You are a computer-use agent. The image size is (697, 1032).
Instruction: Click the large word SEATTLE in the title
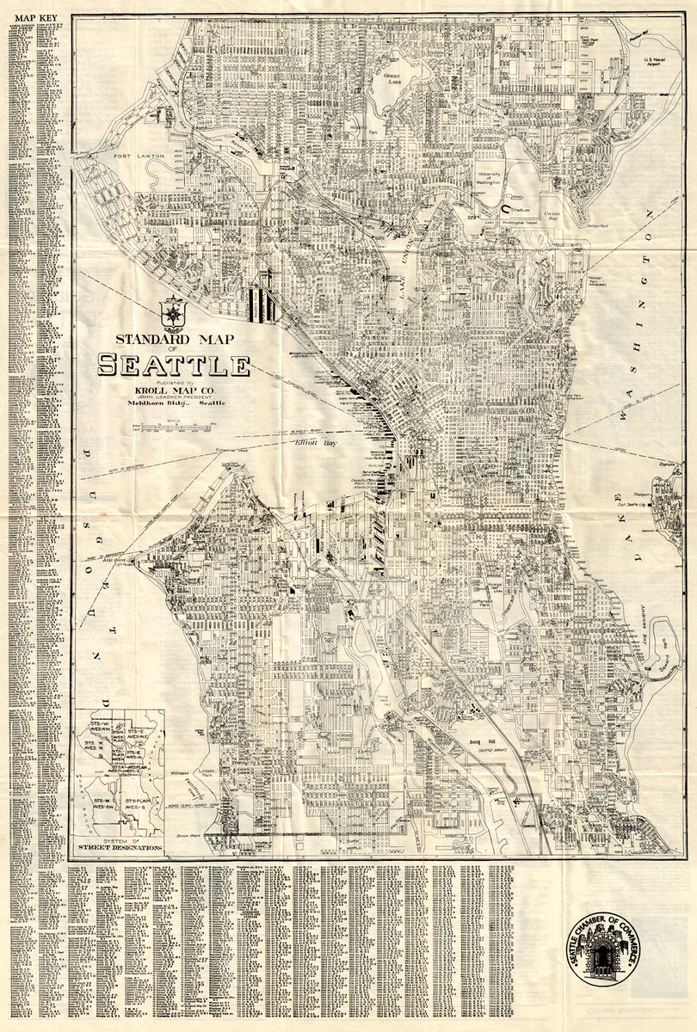pos(173,365)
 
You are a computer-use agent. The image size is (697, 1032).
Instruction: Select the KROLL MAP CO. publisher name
pos(173,387)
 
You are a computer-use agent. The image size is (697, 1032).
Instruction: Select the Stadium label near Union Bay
pos(519,208)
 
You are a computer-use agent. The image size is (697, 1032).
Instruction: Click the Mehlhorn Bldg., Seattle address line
pos(173,402)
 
